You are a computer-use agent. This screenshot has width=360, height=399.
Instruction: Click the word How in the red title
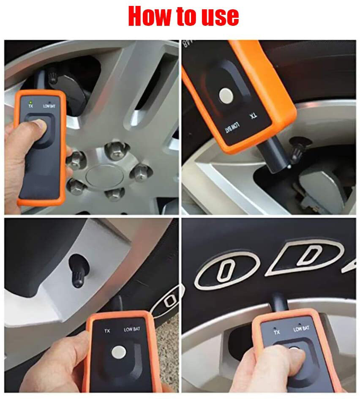[148, 16]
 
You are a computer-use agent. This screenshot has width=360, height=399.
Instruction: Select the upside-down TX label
[253, 115]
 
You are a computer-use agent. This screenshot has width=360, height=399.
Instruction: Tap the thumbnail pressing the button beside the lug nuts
[40, 123]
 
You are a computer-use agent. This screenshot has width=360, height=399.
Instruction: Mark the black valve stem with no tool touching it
[79, 271]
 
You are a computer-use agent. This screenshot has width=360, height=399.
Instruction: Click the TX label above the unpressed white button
[107, 331]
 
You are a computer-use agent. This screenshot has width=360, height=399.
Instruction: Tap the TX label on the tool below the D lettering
[277, 332]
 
